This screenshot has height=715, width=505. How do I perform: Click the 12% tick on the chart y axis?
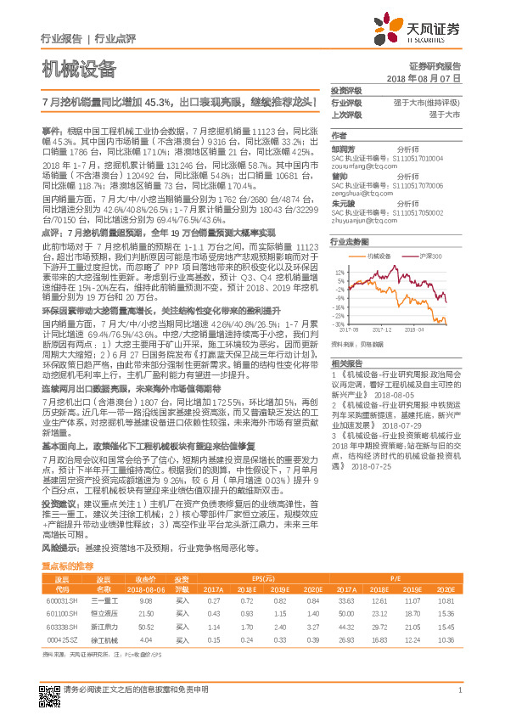(x=339, y=273)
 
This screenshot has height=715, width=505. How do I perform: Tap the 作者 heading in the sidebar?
(x=339, y=136)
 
